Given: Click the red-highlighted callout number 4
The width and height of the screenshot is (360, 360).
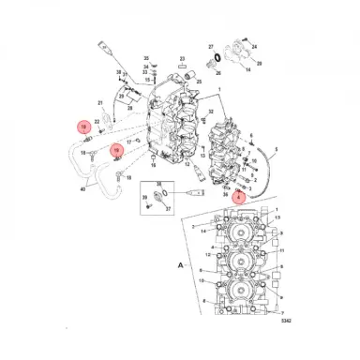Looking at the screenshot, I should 238,197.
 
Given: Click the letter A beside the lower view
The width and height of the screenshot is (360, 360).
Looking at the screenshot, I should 180,265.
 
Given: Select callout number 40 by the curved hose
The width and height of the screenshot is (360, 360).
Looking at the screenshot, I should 83,189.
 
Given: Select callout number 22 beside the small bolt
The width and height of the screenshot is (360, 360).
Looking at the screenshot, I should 97,123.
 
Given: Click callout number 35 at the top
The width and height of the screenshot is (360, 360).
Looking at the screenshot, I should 146,58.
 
